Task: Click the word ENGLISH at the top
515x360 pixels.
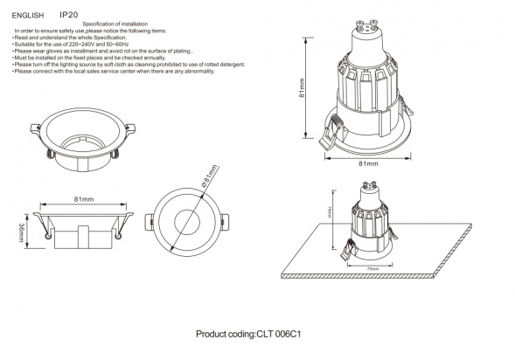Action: click(28, 16)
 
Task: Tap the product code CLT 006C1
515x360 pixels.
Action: click(256, 335)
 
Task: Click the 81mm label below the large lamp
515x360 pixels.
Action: click(368, 163)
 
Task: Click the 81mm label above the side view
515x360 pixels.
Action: click(84, 200)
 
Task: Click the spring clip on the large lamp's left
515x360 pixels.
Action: click(331, 133)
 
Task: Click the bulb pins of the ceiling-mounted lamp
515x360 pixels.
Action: click(370, 184)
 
